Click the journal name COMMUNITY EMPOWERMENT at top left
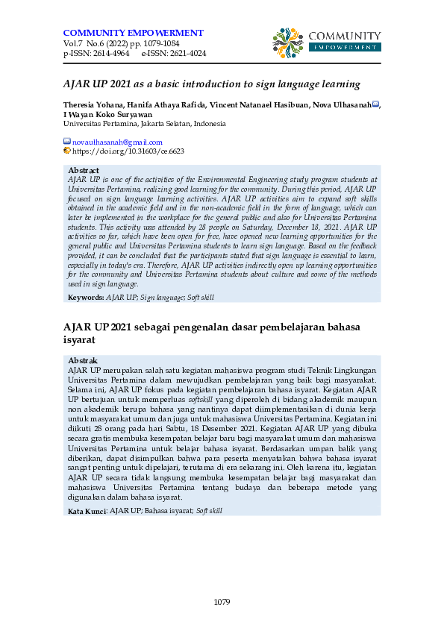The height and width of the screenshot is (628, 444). (x=133, y=33)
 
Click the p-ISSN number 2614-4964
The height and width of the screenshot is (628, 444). (x=108, y=54)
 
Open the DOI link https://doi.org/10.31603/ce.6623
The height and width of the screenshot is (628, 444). (x=128, y=151)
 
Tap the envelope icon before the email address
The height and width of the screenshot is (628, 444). (x=66, y=142)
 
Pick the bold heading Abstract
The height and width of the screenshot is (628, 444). (x=84, y=171)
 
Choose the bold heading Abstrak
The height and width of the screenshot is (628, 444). (x=82, y=361)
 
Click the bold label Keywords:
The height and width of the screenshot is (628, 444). (x=86, y=297)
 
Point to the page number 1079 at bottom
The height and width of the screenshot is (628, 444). (x=222, y=601)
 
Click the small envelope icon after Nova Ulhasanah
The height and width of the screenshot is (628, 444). (x=375, y=104)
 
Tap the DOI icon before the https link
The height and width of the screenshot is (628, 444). (x=66, y=151)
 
